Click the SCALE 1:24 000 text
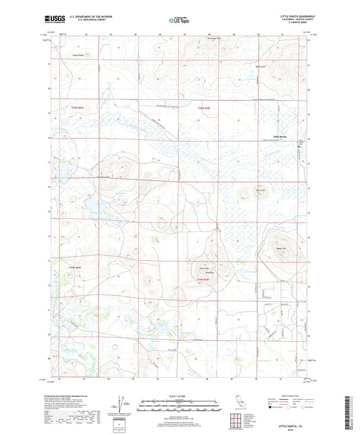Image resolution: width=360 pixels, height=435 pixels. [180, 395]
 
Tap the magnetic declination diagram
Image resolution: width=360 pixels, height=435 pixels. [122, 404]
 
